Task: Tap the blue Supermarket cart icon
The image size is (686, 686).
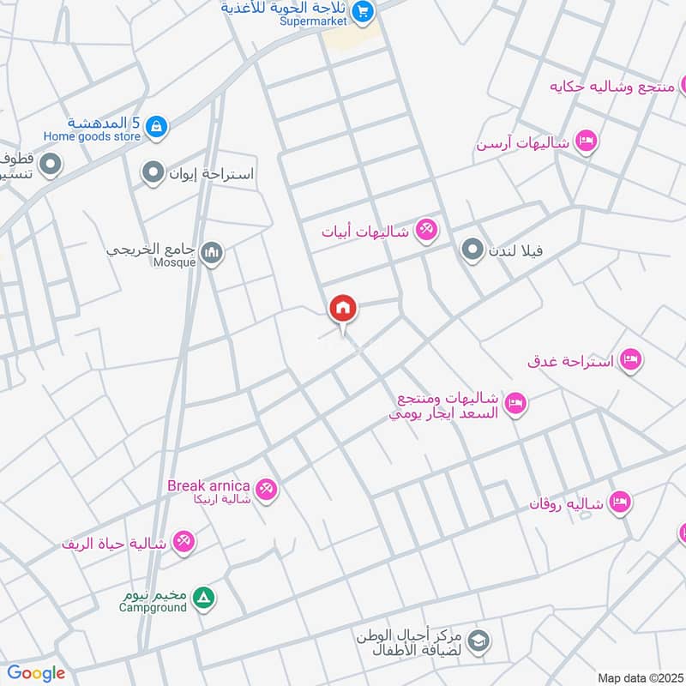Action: click(x=363, y=11)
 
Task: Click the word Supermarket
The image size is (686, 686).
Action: click(x=313, y=21)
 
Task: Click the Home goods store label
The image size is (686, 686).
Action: click(x=92, y=135)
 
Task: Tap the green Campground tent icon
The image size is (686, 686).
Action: click(x=203, y=597)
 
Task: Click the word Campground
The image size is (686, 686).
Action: click(x=153, y=607)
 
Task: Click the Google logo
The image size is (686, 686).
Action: click(x=36, y=673)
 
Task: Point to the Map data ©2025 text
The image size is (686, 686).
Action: click(x=638, y=677)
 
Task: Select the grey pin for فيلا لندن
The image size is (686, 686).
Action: click(x=472, y=250)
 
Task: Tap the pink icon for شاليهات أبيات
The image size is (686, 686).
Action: click(x=426, y=230)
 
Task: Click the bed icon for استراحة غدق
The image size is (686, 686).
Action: click(x=630, y=360)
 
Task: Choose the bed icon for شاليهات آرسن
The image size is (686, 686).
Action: click(x=586, y=141)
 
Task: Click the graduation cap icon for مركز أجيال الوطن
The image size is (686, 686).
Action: click(x=478, y=640)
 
